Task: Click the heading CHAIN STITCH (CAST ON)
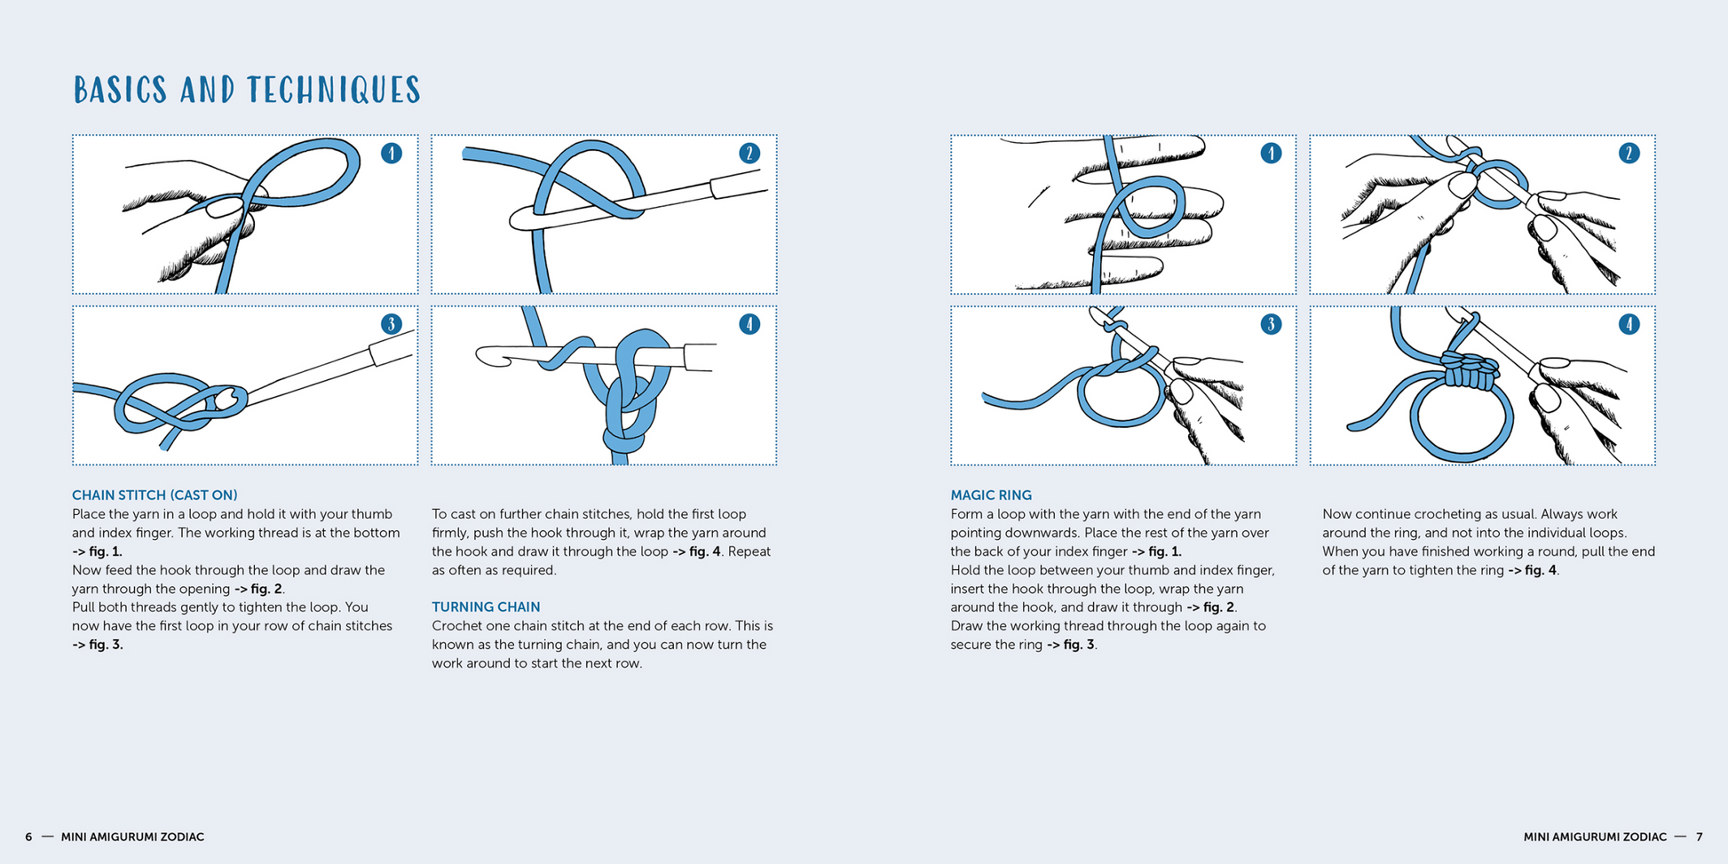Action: click(155, 495)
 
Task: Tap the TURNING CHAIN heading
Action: click(486, 607)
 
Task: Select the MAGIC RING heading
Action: click(991, 495)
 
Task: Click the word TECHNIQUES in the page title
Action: click(334, 91)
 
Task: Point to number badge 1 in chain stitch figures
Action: click(392, 154)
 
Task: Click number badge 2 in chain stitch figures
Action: click(749, 154)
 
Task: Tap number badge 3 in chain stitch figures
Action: click(392, 324)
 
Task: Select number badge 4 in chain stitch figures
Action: click(749, 324)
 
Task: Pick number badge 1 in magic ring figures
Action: click(1271, 154)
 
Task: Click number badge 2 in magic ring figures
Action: click(1629, 154)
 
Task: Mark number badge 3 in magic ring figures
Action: click(1271, 324)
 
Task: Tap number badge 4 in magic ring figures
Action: click(1629, 324)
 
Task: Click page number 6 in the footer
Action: click(28, 837)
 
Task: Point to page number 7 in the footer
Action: click(1700, 837)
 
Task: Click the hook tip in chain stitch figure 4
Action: click(487, 356)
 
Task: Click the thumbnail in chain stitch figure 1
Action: click(224, 208)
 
